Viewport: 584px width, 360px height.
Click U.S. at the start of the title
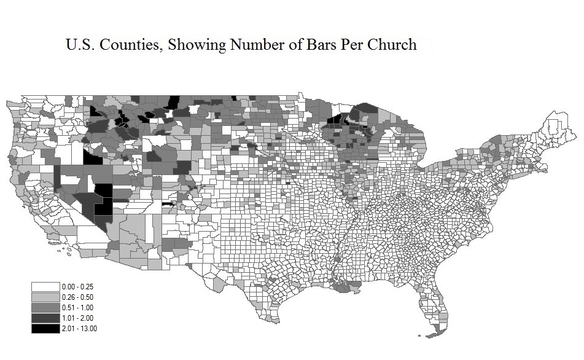tap(80, 45)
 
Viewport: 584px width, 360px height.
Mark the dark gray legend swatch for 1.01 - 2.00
tap(45, 318)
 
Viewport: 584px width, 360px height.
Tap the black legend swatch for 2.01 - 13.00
tap(45, 329)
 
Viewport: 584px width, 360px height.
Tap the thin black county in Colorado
tap(167, 204)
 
